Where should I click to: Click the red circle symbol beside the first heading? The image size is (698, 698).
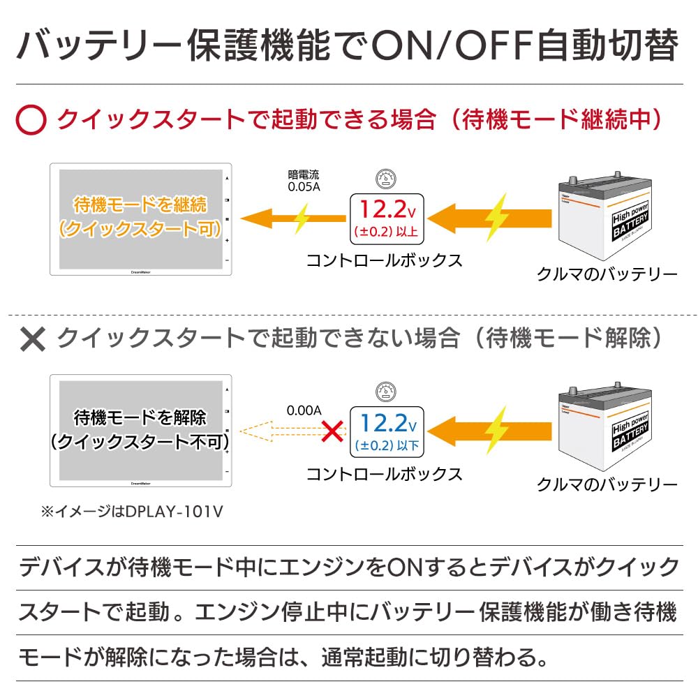[31, 120]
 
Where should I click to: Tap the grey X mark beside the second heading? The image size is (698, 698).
[33, 339]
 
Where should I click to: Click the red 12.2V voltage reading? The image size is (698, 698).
[387, 209]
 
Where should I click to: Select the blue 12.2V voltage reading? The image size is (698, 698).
[387, 423]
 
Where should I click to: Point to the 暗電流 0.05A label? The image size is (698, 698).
[304, 181]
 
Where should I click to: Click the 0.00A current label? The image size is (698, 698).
[304, 410]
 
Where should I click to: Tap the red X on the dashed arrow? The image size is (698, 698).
[332, 431]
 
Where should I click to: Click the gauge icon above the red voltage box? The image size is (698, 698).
[386, 179]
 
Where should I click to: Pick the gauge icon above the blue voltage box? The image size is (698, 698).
[386, 392]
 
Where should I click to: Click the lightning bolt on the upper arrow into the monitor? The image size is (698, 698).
[302, 218]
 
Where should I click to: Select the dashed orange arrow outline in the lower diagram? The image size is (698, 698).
[292, 431]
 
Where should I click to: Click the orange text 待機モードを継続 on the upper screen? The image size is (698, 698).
[140, 205]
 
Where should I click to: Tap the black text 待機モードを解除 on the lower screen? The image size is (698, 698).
[140, 417]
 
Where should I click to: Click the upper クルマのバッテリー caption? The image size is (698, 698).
[607, 274]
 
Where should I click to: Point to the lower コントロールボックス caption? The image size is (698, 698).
[385, 474]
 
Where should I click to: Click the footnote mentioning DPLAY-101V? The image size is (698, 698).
[132, 512]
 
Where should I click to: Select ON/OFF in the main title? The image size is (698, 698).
[452, 45]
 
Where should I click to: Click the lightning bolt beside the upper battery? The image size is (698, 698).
[496, 218]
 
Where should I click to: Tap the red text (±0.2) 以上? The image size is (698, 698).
[386, 232]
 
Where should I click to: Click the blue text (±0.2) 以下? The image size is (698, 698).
[387, 445]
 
